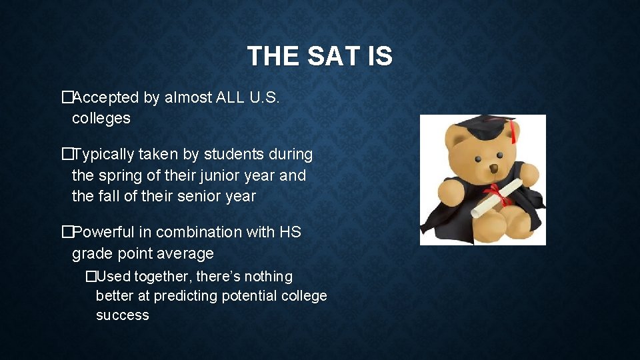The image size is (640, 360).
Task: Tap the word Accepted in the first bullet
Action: (x=106, y=98)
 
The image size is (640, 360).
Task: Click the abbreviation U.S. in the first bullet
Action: (x=265, y=98)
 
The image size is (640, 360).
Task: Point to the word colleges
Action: (x=101, y=119)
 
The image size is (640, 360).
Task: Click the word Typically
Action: (x=103, y=155)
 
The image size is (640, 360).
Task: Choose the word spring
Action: (x=121, y=176)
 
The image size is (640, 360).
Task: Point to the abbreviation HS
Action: (x=290, y=232)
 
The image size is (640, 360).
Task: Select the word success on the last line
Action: (x=122, y=315)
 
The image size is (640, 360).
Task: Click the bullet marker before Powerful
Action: (x=66, y=232)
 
